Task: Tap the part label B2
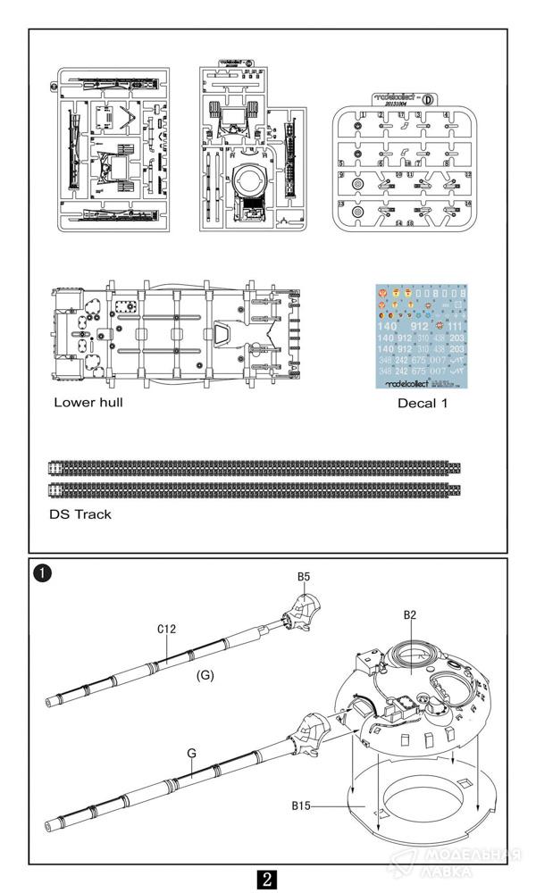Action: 410,614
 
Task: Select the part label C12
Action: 166,629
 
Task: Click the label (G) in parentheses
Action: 205,675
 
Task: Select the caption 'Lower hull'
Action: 88,402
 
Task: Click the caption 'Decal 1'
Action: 423,403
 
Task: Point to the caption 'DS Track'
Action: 80,514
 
